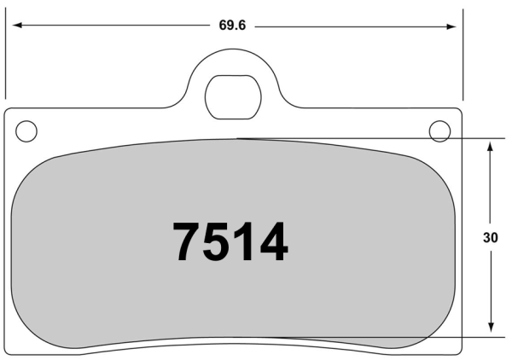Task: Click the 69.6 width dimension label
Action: point(232,26)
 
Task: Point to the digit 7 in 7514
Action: point(189,242)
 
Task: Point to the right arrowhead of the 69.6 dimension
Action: point(451,26)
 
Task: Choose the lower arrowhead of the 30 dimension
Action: point(491,328)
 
